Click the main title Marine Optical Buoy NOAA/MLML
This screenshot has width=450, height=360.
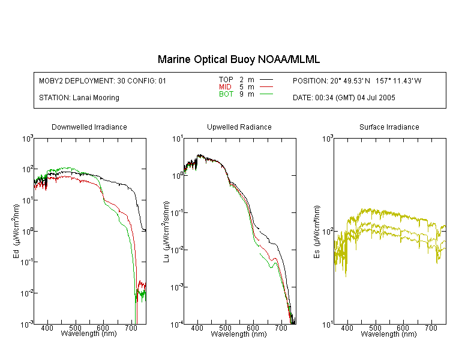(x=238, y=59)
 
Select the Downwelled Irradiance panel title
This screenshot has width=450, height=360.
(x=89, y=127)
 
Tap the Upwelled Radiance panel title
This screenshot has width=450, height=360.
(x=239, y=127)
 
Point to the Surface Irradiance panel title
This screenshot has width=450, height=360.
(x=389, y=127)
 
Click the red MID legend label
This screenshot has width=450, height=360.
(x=225, y=86)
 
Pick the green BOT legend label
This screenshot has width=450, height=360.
(x=226, y=94)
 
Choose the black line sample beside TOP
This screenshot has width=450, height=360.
(x=266, y=79)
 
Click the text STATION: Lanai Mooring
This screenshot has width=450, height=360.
(x=79, y=98)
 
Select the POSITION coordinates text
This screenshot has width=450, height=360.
(x=357, y=81)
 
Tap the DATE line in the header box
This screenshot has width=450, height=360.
(x=344, y=98)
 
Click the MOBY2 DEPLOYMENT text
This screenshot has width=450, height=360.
(x=103, y=81)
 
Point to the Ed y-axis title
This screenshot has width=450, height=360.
(x=16, y=231)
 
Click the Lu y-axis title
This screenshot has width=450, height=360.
(x=166, y=232)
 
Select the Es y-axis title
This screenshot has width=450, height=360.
(x=317, y=232)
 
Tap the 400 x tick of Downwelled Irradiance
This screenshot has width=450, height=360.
(x=47, y=328)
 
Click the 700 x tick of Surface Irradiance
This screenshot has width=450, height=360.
(x=431, y=328)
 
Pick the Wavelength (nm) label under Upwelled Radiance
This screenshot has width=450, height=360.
(x=239, y=334)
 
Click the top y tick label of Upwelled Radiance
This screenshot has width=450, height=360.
(x=178, y=139)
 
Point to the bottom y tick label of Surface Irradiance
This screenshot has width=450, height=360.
(x=328, y=325)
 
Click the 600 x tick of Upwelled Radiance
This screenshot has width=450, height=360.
(x=253, y=328)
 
